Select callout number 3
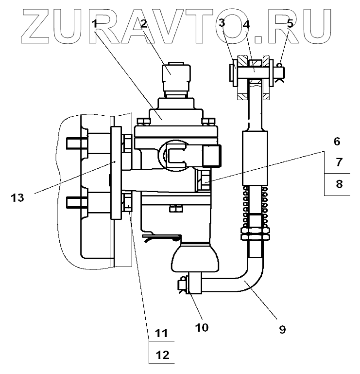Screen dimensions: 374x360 [222, 23]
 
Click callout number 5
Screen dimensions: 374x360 [290, 23]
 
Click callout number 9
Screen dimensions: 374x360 [282, 329]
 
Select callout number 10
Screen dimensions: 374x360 [202, 327]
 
